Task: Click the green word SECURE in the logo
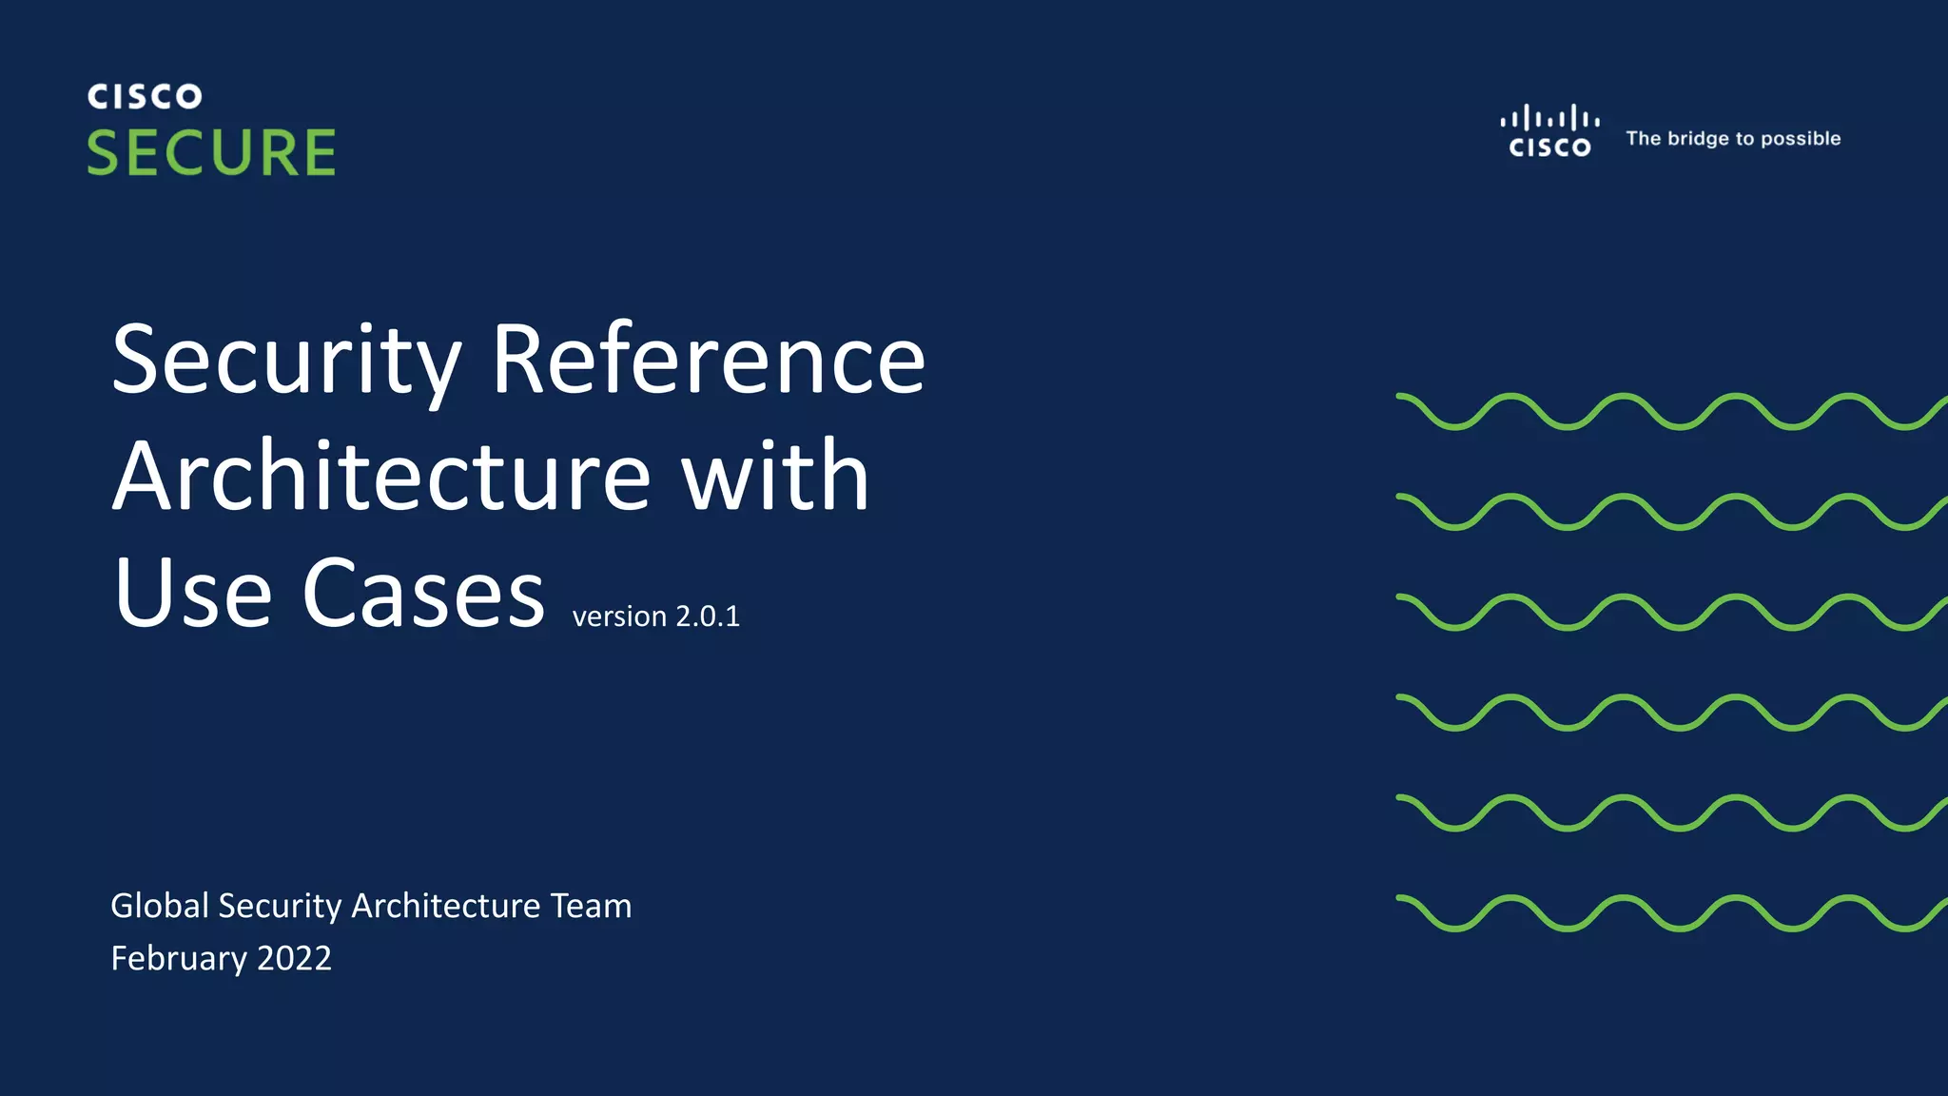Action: tap(211, 152)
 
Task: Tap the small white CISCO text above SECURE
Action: tap(145, 96)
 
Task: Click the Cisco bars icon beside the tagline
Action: tap(1549, 119)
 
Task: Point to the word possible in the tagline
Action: tap(1801, 139)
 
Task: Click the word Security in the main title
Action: tap(286, 361)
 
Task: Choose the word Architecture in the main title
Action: tap(381, 476)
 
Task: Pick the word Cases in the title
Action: tap(423, 593)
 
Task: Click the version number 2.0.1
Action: tap(708, 616)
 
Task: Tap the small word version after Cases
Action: tap(619, 617)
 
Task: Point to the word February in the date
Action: tap(179, 958)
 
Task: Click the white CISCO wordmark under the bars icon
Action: tap(1549, 147)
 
